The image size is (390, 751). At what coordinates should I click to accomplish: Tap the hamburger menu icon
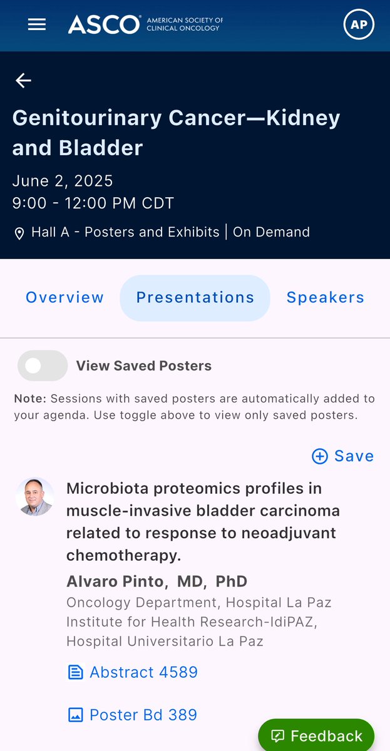(x=37, y=24)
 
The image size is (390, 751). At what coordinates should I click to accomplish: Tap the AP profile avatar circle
(x=359, y=25)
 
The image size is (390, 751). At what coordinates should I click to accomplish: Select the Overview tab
(x=64, y=298)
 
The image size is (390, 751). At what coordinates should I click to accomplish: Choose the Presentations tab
(x=195, y=298)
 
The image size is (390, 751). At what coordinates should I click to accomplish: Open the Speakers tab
(x=325, y=298)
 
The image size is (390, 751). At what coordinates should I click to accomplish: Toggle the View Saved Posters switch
(x=43, y=366)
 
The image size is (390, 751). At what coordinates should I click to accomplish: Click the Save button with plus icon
(x=342, y=456)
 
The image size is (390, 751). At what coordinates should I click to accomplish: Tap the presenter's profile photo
(x=34, y=497)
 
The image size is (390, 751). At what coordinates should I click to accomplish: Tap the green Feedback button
(x=317, y=736)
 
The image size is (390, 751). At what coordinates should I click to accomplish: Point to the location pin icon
(x=19, y=233)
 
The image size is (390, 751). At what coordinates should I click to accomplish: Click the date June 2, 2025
(x=63, y=181)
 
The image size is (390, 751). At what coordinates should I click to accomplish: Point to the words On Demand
(x=271, y=232)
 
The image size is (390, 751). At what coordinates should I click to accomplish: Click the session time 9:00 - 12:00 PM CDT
(x=93, y=203)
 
